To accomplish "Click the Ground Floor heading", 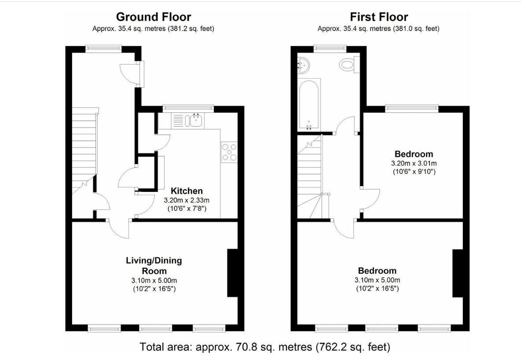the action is click(154, 17).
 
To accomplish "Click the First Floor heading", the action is click(379, 17).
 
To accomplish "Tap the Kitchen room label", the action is click(187, 191).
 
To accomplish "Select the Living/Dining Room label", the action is click(154, 265).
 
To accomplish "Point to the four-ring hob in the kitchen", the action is click(229, 152).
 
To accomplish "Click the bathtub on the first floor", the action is click(309, 104).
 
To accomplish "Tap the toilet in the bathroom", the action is click(349, 64).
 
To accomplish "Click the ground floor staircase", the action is click(85, 150).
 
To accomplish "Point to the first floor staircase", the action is click(310, 176).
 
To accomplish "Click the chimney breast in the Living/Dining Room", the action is click(232, 272).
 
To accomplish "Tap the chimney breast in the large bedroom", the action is click(458, 273).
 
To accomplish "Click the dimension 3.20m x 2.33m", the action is click(187, 200).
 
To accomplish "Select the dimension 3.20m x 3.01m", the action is click(414, 163).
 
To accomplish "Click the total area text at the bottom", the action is click(264, 347).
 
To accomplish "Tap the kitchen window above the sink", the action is click(188, 108).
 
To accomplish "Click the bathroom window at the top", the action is click(330, 48).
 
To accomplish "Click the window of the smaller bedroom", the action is click(412, 108).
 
